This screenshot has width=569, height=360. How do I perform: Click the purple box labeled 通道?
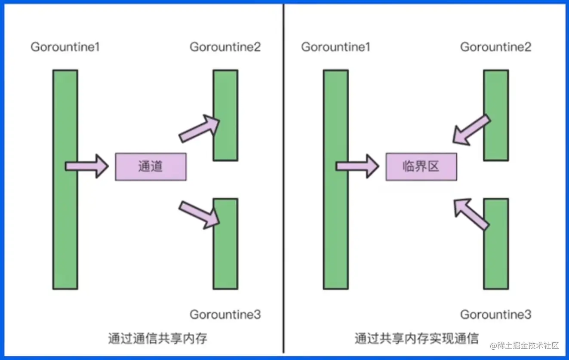click(151, 166)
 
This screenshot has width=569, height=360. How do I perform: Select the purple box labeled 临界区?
click(421, 166)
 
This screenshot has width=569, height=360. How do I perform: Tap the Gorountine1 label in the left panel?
click(65, 47)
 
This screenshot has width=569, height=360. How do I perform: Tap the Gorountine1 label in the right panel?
click(335, 47)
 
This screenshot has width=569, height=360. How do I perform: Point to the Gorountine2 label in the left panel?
click(225, 47)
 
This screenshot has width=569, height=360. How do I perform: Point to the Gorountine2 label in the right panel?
click(495, 47)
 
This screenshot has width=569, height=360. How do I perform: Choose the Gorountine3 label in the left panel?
click(225, 314)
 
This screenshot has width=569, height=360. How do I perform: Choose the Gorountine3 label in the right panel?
click(495, 314)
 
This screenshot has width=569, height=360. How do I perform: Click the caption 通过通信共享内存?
click(157, 338)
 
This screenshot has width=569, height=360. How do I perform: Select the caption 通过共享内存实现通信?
click(416, 338)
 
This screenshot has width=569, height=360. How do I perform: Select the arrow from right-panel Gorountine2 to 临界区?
click(471, 129)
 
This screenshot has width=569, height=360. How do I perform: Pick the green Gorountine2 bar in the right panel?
click(496, 95)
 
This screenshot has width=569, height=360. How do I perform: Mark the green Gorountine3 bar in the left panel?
click(225, 258)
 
